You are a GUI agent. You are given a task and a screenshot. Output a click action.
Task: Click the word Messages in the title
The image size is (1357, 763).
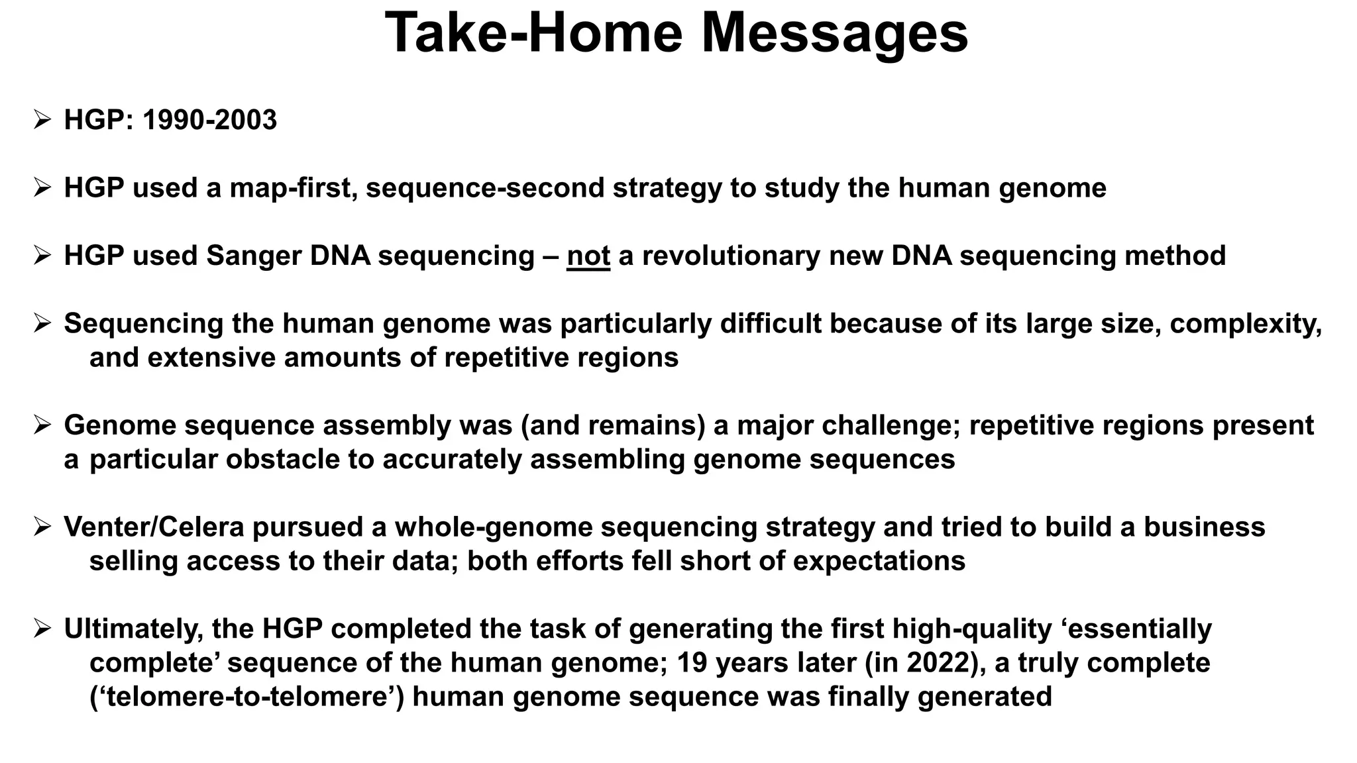pos(835,33)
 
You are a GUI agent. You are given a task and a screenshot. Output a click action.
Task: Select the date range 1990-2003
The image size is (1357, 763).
pos(209,121)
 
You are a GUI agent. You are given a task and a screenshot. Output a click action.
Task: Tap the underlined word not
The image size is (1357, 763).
pos(588,256)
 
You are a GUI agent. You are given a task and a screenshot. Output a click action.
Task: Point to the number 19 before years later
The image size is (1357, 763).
pos(693,663)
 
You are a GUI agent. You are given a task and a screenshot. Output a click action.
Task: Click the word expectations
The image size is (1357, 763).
pos(879,561)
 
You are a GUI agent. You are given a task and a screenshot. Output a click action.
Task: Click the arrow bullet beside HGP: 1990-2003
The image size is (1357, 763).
pos(42,121)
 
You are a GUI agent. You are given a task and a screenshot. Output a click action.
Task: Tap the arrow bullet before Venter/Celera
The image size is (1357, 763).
pos(42,527)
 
